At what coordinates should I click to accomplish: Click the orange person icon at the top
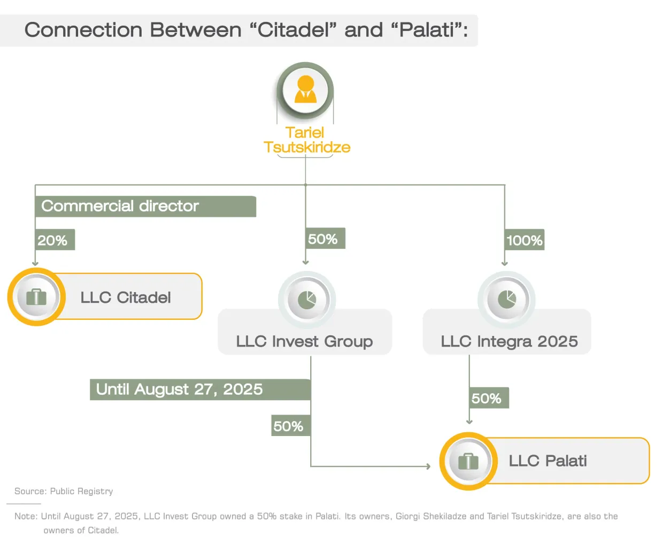click(x=305, y=89)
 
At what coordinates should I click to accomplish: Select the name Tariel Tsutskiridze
click(x=307, y=140)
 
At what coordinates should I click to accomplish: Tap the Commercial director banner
click(x=145, y=206)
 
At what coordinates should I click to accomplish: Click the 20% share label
click(x=55, y=240)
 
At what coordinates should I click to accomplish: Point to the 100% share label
click(x=525, y=240)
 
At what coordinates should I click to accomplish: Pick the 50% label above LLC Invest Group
click(x=325, y=239)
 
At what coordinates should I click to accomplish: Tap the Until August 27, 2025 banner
click(x=200, y=389)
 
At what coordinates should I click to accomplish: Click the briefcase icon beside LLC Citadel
click(x=36, y=297)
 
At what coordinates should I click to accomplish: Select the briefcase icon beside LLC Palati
click(x=468, y=461)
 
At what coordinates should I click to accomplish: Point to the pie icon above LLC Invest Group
click(x=307, y=300)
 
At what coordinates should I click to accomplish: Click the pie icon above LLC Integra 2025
click(x=507, y=300)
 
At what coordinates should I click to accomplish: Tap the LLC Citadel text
click(x=126, y=297)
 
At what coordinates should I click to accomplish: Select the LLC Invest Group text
click(x=305, y=342)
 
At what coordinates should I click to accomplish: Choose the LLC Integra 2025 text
click(x=510, y=342)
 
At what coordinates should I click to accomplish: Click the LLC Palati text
click(x=548, y=461)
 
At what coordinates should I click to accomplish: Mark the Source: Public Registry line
click(x=64, y=491)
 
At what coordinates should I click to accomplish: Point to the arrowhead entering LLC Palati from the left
click(x=429, y=466)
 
